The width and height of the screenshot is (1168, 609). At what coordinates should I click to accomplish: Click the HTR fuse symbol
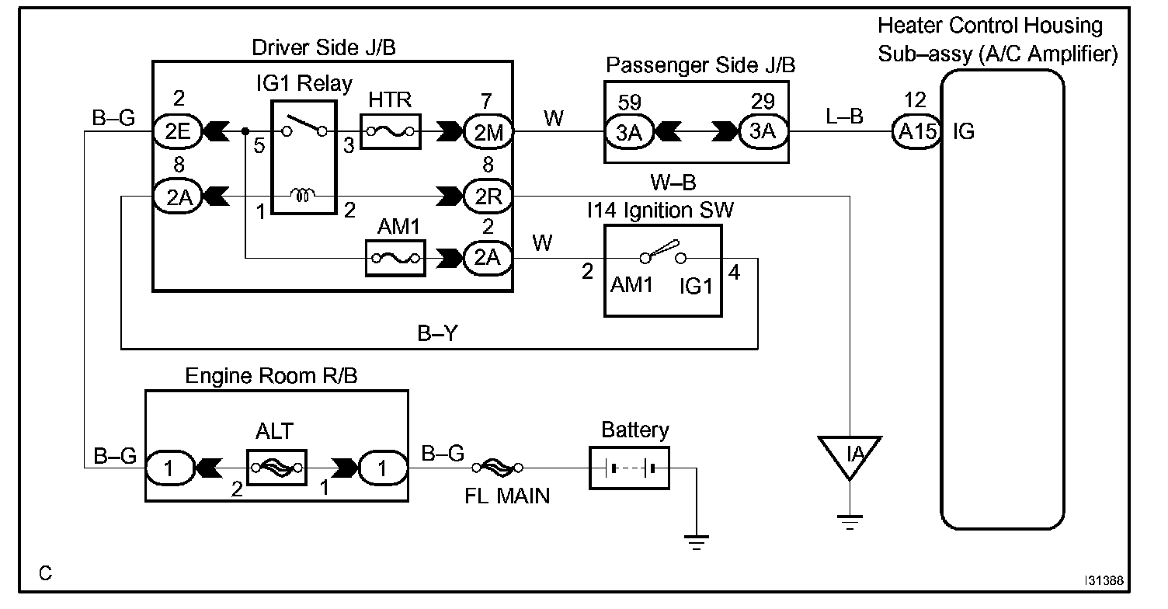(x=391, y=131)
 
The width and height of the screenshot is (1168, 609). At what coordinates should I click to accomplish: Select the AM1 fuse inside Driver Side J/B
(x=395, y=258)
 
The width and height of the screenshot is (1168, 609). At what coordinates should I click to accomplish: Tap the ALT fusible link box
(x=276, y=468)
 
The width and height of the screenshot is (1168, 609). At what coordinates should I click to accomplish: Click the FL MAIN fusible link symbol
(x=497, y=468)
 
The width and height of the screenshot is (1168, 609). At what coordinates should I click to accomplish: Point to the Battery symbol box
(x=629, y=468)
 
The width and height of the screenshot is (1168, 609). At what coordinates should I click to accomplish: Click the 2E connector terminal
(x=178, y=131)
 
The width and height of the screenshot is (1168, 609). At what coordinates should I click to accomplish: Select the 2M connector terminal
(x=488, y=132)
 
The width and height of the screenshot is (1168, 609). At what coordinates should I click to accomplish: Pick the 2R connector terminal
(x=488, y=196)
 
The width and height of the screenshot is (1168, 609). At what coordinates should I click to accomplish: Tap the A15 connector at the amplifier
(x=916, y=131)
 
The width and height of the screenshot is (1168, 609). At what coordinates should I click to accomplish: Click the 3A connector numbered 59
(x=629, y=132)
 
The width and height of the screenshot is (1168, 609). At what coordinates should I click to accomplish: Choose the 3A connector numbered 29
(x=763, y=131)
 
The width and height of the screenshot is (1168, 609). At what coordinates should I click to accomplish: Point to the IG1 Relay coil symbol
(x=303, y=195)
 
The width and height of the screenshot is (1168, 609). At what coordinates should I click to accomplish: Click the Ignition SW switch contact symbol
(x=662, y=252)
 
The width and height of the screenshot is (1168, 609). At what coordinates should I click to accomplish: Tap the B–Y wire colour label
(x=437, y=332)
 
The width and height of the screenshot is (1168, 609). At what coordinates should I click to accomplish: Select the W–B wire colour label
(x=673, y=182)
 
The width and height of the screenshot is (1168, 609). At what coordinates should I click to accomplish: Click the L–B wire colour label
(x=844, y=116)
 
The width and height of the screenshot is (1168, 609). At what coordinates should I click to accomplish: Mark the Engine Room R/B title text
(x=271, y=375)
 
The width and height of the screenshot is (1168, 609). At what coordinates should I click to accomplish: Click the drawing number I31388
(x=1104, y=580)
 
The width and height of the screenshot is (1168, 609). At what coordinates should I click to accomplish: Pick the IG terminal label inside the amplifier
(x=964, y=131)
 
